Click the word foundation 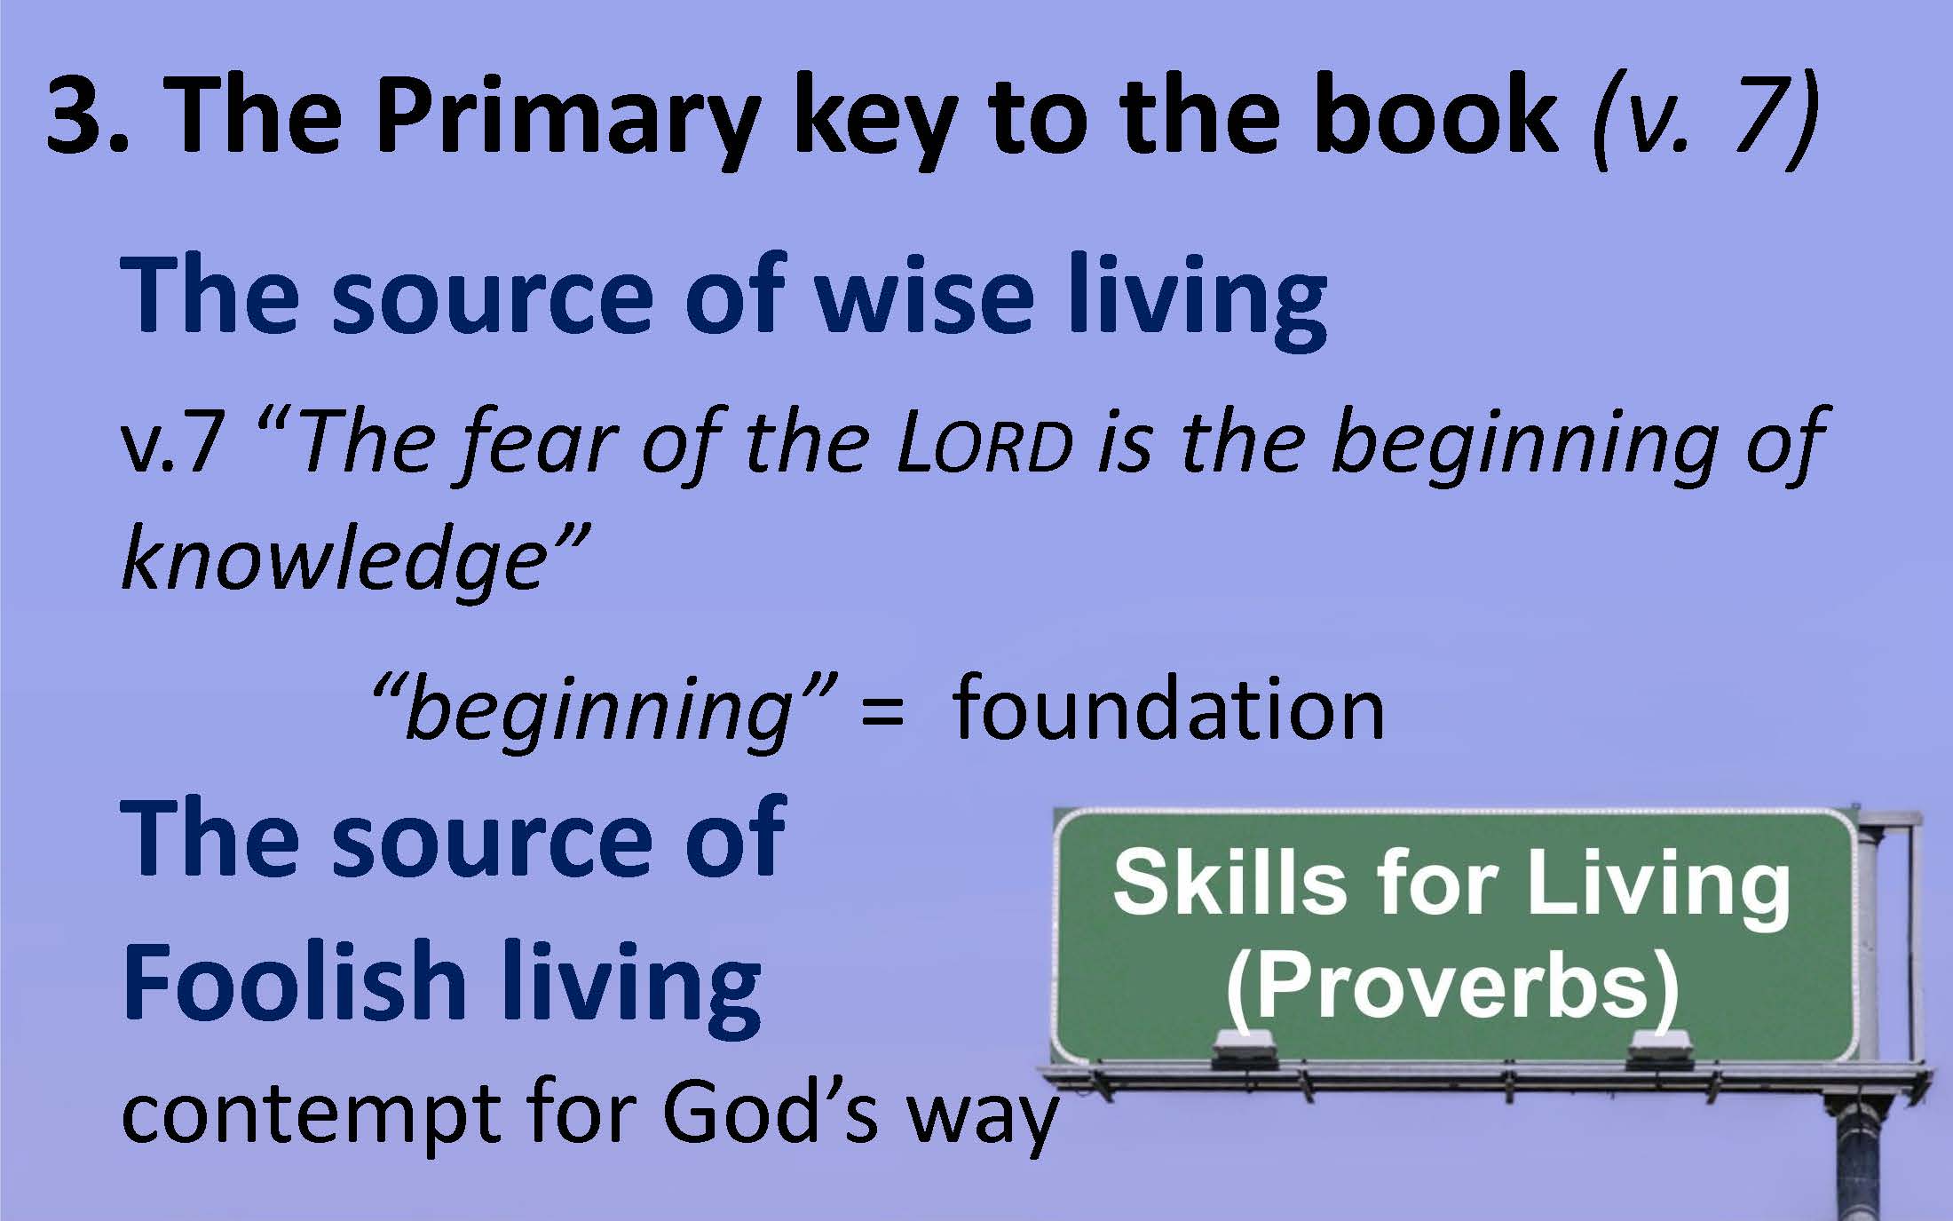(x=1168, y=709)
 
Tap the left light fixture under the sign (x=1242, y=1051)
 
